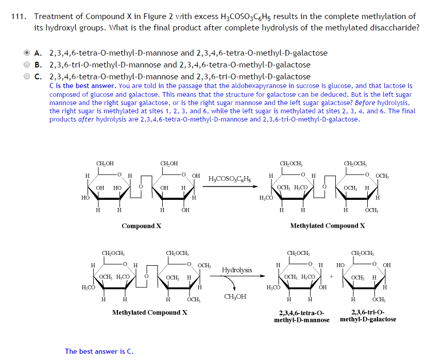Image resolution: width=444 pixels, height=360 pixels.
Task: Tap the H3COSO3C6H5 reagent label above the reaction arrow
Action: click(x=230, y=179)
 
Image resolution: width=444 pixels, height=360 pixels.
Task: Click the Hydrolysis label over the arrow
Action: click(x=237, y=270)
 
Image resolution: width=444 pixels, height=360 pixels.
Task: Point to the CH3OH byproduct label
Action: click(x=235, y=296)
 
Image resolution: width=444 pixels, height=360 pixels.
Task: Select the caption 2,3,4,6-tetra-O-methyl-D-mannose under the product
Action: click(x=302, y=316)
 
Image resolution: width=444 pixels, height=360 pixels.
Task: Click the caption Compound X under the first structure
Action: click(x=142, y=226)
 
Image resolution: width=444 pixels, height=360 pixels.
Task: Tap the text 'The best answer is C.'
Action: click(x=99, y=351)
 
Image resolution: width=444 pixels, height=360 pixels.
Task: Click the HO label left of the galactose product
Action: click(x=340, y=265)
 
